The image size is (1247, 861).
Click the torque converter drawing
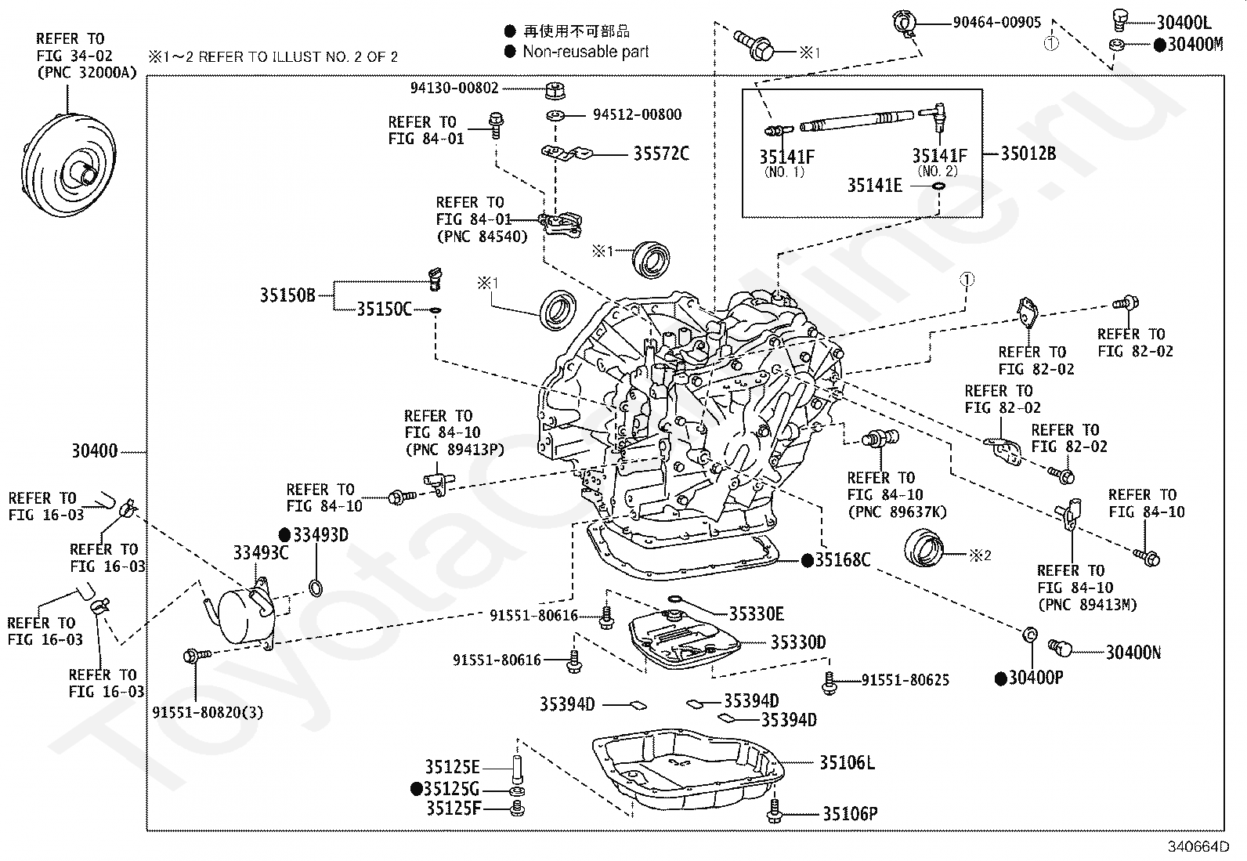click(x=68, y=165)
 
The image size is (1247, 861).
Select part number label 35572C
click(x=661, y=154)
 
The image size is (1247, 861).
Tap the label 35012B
click(x=1028, y=154)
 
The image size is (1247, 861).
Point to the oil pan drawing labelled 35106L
click(x=688, y=769)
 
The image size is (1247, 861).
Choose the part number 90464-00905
click(x=996, y=22)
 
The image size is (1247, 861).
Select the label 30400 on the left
click(x=95, y=450)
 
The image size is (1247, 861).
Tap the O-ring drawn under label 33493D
click(x=316, y=588)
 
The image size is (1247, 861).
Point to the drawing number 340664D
click(x=1198, y=847)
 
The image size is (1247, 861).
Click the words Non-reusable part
click(x=586, y=52)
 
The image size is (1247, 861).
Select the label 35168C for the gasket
click(x=842, y=559)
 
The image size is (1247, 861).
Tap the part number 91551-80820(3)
click(x=208, y=712)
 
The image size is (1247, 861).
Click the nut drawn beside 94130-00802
click(x=555, y=90)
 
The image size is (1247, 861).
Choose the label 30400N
click(x=1133, y=652)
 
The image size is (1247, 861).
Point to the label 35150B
click(x=287, y=295)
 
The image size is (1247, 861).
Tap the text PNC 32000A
click(x=86, y=73)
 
